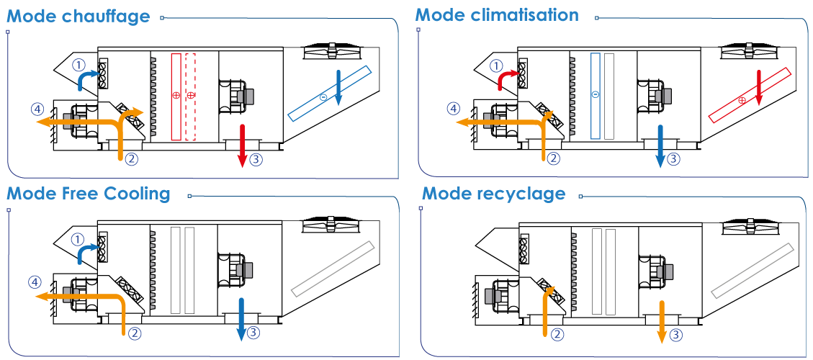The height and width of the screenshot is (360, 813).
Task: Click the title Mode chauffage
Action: pos(78,16)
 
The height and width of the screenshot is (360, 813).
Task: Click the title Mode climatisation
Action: pos(497,14)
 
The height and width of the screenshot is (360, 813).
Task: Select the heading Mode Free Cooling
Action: pos(88,194)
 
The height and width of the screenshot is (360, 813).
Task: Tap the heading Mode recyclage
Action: pos(493,194)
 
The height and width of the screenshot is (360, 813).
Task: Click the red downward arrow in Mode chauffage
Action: pos(242,145)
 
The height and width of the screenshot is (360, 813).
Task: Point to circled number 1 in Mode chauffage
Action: pos(78,65)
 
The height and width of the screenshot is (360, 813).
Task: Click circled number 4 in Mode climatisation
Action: pos(453,109)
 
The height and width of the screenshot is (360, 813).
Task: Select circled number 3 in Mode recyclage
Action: pos(675,335)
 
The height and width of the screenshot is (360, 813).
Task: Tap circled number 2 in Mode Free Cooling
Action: pos(134,333)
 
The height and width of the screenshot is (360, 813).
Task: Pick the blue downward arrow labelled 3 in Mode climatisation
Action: pos(660,145)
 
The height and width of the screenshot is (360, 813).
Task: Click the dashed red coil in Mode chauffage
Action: pos(190,96)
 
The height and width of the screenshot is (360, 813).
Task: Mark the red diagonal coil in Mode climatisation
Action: pos(749,95)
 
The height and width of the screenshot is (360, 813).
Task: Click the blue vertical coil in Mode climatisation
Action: pos(596,96)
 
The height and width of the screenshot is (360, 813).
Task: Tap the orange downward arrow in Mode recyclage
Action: pos(662,320)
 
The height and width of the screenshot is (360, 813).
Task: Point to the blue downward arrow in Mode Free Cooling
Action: pos(241,319)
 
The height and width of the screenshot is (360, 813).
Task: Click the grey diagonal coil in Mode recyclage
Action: pos(753,270)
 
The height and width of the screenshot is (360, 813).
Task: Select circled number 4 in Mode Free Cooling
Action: pos(35,283)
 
